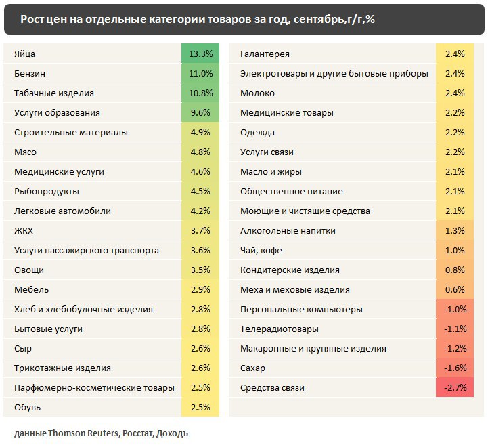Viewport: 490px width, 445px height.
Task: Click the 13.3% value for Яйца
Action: pyautogui.click(x=201, y=54)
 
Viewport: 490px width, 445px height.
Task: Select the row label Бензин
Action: pyautogui.click(x=30, y=73)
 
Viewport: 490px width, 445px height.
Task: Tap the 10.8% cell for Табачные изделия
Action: pyautogui.click(x=201, y=93)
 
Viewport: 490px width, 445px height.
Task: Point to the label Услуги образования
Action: pyautogui.click(x=57, y=112)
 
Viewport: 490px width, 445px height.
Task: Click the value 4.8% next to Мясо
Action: pyautogui.click(x=201, y=152)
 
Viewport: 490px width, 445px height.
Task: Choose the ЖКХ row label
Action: pyautogui.click(x=24, y=231)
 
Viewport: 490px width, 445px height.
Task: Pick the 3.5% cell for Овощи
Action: pyautogui.click(x=201, y=270)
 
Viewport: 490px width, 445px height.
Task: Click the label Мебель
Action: pyautogui.click(x=31, y=290)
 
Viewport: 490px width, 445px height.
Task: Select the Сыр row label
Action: pyautogui.click(x=22, y=349)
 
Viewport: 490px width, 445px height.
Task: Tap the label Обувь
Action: pyautogui.click(x=28, y=408)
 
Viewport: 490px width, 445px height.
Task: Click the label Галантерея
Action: pyautogui.click(x=265, y=54)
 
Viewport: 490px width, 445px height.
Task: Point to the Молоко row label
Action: pyautogui.click(x=258, y=93)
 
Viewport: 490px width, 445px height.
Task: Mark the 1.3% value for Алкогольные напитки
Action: pyautogui.click(x=455, y=231)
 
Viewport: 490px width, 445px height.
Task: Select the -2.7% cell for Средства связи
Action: pyautogui.click(x=455, y=388)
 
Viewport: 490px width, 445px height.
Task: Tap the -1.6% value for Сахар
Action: pyautogui.click(x=455, y=368)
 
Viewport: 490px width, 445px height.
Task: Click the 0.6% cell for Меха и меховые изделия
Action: pyautogui.click(x=455, y=290)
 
